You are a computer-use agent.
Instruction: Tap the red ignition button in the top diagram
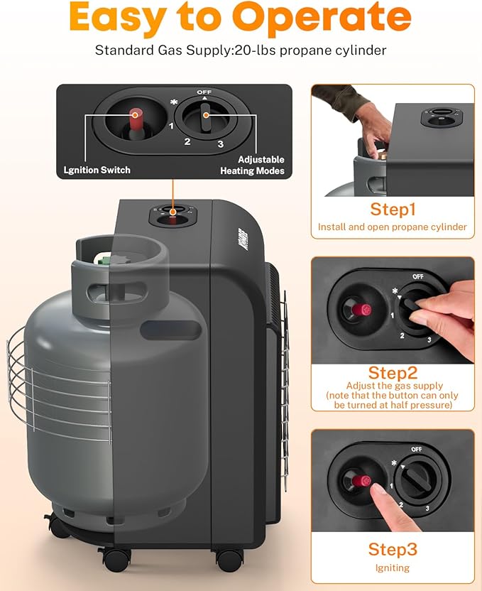136,119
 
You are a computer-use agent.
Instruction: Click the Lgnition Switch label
97,170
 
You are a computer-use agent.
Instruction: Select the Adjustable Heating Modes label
252,165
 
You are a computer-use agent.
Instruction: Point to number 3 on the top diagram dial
221,144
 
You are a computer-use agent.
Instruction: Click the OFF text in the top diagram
204,92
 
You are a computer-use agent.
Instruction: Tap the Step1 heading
393,209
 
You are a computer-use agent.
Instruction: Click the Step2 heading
393,373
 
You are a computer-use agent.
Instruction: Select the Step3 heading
393,549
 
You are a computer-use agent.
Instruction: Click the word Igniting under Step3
393,568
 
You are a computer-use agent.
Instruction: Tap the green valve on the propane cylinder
104,260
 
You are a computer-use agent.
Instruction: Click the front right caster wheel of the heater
230,560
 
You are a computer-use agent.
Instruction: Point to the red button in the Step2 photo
362,310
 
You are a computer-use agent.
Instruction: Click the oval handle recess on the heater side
171,330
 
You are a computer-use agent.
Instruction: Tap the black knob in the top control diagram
206,117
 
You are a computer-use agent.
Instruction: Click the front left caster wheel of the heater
116,559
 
